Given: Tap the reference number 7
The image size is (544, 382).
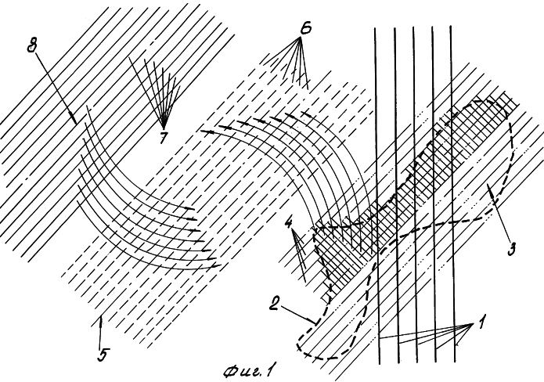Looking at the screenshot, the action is click(x=162, y=138).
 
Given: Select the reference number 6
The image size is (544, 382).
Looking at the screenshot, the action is click(x=305, y=28).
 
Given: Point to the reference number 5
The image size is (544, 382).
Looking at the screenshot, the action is click(x=101, y=355).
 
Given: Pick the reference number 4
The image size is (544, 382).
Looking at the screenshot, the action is click(x=289, y=223).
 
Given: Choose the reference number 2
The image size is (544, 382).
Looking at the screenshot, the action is click(x=274, y=305).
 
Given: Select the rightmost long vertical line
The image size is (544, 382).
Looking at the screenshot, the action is click(x=452, y=193).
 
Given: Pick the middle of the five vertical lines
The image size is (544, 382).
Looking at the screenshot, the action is click(x=415, y=194).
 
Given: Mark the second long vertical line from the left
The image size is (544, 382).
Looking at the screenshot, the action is click(x=396, y=195).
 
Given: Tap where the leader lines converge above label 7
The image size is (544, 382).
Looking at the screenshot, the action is click(x=164, y=128).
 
